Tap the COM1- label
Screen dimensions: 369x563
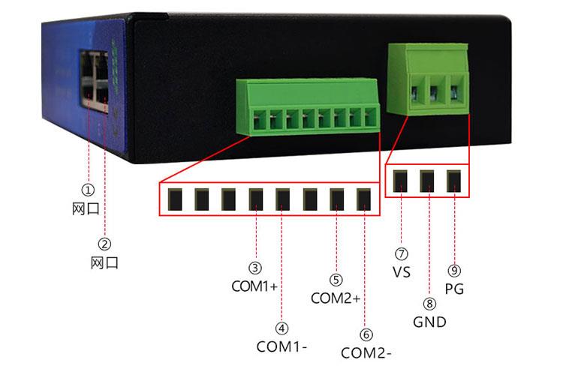tap(282, 347)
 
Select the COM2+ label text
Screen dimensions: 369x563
tap(336, 298)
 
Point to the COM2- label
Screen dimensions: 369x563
tap(366, 352)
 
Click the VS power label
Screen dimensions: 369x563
tap(401, 272)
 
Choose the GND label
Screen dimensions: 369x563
tap(429, 322)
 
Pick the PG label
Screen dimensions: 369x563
tap(453, 288)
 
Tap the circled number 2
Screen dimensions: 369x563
tap(105, 243)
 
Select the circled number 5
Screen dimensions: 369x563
tap(336, 280)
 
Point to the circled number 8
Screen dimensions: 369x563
tap(429, 304)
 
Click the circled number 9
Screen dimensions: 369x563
tap(454, 270)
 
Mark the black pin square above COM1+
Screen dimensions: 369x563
tap(256, 199)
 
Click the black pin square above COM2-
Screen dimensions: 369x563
tap(364, 199)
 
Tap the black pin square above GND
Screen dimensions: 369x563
tap(427, 181)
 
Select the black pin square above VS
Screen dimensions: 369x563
tap(400, 181)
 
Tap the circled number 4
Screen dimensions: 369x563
tap(282, 328)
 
